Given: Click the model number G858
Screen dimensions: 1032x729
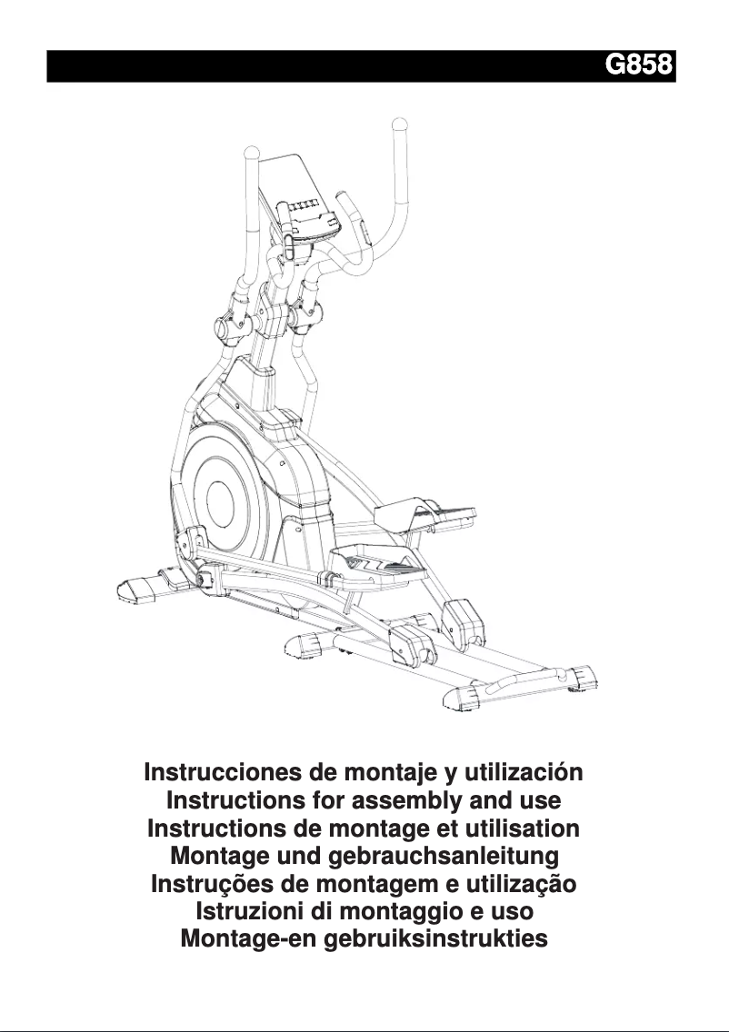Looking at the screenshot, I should (638, 66).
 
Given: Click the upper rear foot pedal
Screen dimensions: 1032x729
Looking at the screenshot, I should (436, 509).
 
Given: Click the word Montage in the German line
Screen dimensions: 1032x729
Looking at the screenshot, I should (214, 856).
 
